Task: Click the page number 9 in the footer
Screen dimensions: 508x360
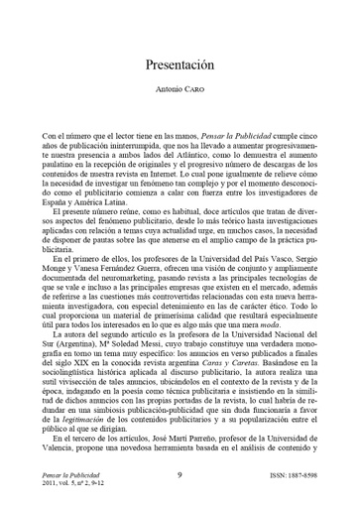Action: point(179,476)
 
